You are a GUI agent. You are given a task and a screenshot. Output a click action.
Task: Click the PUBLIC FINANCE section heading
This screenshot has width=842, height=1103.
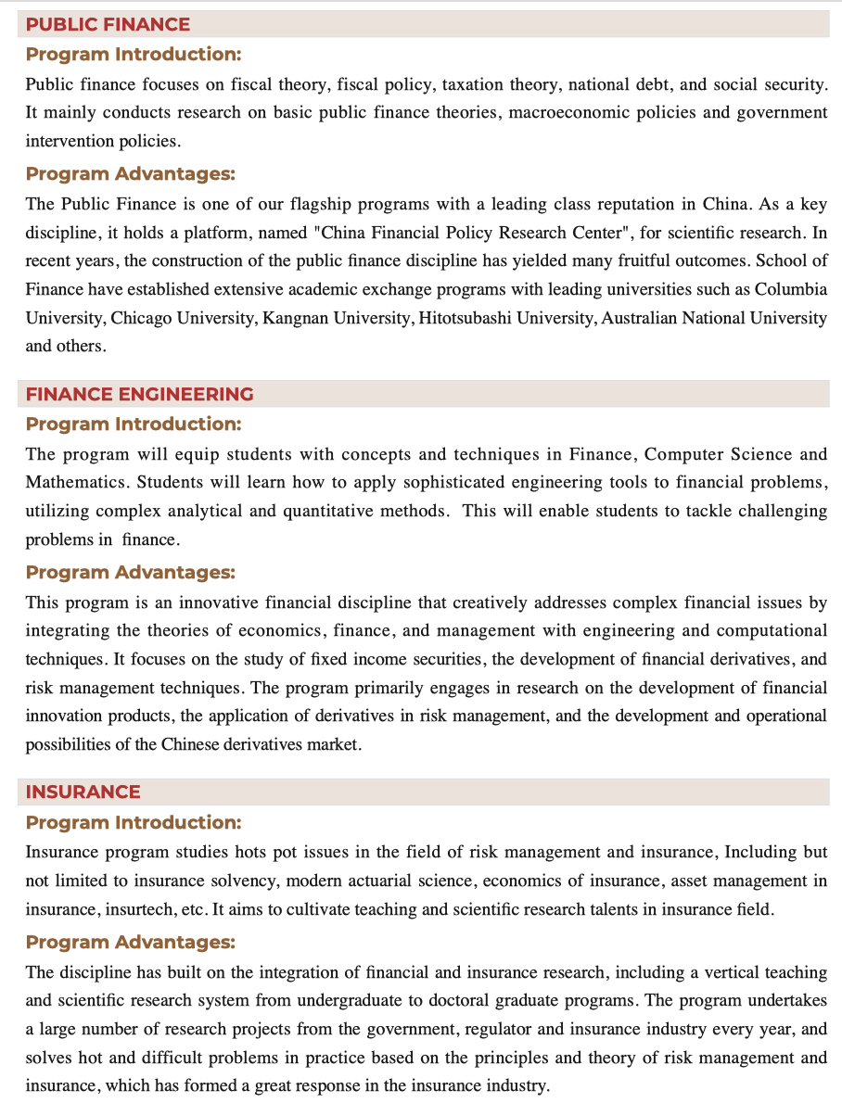pyautogui.click(x=108, y=24)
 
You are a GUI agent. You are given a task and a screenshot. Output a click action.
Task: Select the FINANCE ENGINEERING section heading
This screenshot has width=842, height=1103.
pyautogui.click(x=139, y=394)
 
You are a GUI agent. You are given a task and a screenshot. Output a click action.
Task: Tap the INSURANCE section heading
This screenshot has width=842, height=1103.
pyautogui.click(x=83, y=792)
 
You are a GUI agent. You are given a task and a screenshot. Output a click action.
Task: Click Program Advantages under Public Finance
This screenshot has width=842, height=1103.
pyautogui.click(x=130, y=173)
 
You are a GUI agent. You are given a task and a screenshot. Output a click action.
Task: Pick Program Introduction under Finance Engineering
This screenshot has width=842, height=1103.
pyautogui.click(x=133, y=424)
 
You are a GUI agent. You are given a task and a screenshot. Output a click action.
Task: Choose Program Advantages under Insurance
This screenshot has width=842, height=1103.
pyautogui.click(x=130, y=942)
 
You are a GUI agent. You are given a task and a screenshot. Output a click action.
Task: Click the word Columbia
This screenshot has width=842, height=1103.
pyautogui.click(x=791, y=289)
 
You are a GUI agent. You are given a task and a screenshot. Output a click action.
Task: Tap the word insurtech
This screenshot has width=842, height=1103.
pyautogui.click(x=144, y=909)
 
